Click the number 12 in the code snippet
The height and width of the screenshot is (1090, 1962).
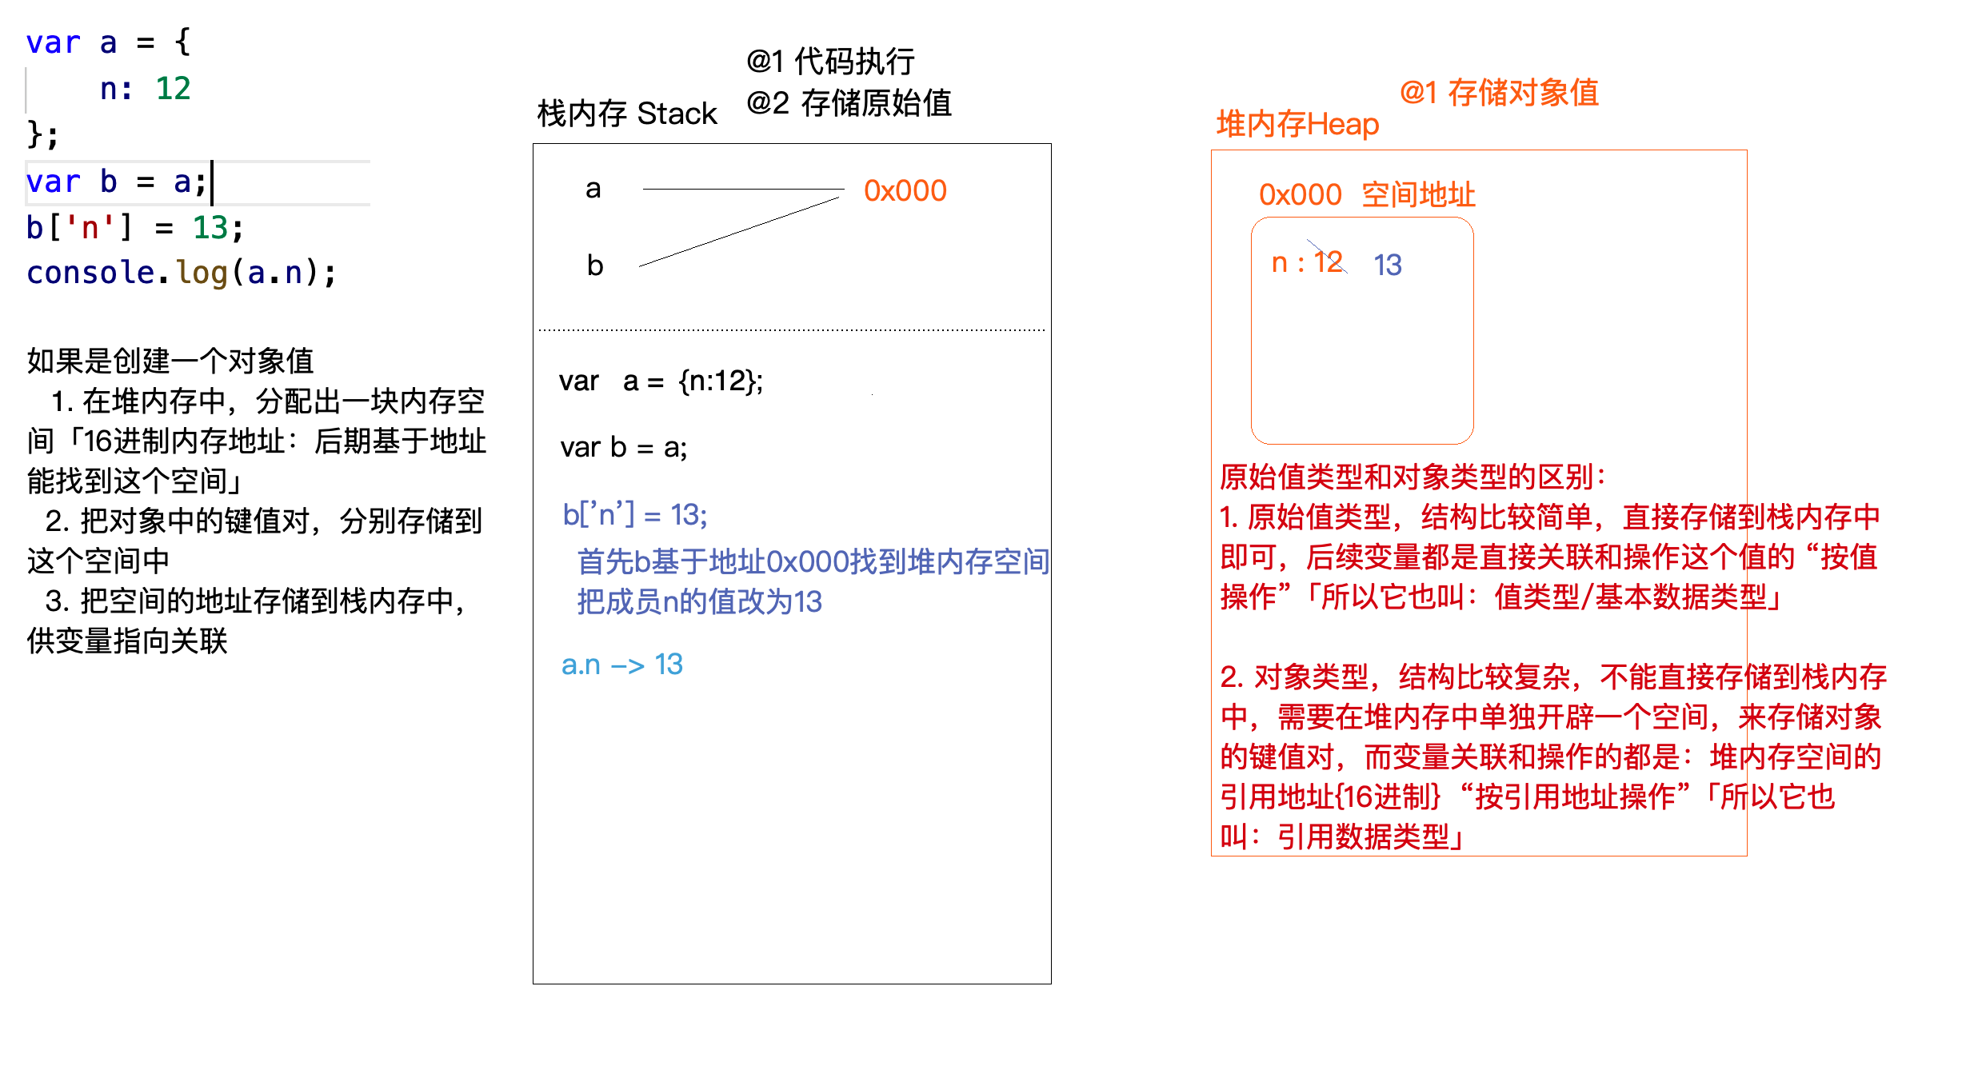173,88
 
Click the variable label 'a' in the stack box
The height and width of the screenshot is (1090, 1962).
593,189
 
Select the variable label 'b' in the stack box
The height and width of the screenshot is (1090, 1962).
594,266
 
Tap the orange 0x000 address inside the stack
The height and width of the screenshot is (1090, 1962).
905,191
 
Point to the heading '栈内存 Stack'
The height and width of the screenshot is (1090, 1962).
627,114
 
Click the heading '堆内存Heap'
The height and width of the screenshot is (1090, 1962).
1297,125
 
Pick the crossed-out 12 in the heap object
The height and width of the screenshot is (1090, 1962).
1328,262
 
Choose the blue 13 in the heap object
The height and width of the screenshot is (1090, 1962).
1388,265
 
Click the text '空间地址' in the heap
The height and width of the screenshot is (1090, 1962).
1418,194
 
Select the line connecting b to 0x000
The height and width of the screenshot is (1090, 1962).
740,231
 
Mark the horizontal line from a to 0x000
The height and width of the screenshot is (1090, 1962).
743,189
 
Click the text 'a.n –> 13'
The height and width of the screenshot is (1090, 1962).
621,665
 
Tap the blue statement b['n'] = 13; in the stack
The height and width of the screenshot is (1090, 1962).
634,514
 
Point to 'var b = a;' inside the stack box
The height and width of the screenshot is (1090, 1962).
623,447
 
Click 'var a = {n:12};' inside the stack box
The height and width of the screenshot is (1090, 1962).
661,381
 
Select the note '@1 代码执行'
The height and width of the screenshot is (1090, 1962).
830,61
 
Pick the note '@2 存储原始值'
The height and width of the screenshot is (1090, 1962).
849,103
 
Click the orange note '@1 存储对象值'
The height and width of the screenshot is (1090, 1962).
1499,93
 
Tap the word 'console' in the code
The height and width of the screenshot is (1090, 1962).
90,273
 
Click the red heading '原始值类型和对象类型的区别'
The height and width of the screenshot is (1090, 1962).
1412,477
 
